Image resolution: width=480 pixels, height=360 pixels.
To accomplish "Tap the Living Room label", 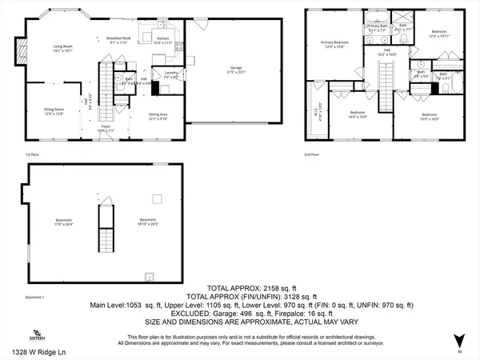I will coord(64,49).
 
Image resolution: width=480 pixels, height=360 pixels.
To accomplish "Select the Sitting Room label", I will coord(53,111).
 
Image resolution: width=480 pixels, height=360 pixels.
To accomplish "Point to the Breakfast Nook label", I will coord(118,40).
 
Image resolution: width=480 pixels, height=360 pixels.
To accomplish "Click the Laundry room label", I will coord(170,74).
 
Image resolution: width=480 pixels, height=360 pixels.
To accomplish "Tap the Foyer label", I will coord(105,128).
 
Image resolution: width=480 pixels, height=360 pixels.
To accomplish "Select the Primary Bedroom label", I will coord(335,43).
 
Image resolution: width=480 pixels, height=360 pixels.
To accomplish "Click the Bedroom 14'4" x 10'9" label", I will coord(358,114).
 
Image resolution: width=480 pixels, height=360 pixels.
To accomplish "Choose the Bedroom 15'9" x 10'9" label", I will coord(429,117).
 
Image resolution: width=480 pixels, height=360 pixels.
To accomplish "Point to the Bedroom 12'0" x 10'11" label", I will coord(439,34).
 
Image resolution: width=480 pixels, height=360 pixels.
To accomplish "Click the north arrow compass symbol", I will coord(458,339).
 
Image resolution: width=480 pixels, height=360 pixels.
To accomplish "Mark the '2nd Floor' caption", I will coord(311,154).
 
